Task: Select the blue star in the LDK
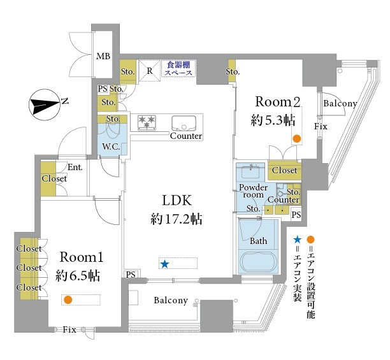[164, 264]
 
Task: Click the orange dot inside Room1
[68, 299]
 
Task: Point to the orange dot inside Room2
[296, 139]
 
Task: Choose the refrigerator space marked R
[148, 71]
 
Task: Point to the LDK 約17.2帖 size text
[177, 210]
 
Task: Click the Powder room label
[253, 192]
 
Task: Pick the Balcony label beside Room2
[340, 103]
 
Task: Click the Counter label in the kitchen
[185, 136]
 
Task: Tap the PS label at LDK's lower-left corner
[131, 275]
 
